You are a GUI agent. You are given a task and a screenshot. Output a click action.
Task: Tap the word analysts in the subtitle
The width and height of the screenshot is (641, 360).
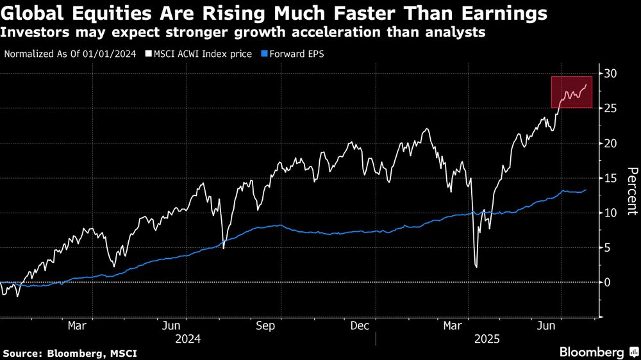pos(452,31)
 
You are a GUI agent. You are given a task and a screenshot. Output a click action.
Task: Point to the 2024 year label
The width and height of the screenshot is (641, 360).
pos(188,338)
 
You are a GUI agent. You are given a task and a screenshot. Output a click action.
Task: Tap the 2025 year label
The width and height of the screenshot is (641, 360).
pos(487,338)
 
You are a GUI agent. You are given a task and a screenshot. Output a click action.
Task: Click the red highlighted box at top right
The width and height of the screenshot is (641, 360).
pos(572,92)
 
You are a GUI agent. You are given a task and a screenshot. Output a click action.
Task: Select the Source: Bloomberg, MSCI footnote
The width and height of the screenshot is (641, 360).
pos(70,353)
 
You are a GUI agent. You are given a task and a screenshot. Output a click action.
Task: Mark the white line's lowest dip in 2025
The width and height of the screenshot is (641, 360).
pos(476,266)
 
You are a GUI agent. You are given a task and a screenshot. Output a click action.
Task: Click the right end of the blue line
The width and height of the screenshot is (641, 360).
pos(586,190)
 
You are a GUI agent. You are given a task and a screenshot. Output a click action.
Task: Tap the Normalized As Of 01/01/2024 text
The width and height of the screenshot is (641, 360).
pos(70,54)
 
